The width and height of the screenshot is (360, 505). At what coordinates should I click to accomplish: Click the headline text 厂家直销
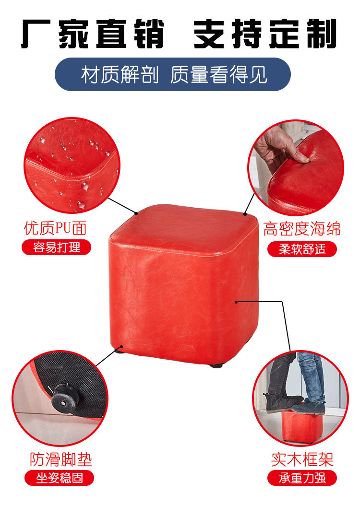click(x=93, y=34)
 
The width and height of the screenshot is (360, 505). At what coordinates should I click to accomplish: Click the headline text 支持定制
click(x=265, y=34)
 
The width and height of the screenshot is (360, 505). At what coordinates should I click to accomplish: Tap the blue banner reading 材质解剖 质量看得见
click(x=173, y=74)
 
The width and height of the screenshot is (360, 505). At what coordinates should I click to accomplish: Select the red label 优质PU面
click(x=55, y=228)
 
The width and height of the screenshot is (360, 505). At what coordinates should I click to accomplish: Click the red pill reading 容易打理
click(x=57, y=247)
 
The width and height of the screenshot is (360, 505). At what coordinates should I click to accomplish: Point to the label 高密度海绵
click(x=301, y=229)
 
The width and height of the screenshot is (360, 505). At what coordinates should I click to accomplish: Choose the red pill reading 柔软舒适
click(x=302, y=249)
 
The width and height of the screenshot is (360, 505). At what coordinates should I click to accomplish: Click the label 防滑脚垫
click(x=61, y=459)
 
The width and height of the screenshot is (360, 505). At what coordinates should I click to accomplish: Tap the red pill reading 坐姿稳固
click(x=60, y=478)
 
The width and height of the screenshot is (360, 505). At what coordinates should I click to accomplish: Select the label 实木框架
click(x=302, y=459)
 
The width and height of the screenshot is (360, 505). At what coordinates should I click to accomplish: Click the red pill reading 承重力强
click(x=302, y=478)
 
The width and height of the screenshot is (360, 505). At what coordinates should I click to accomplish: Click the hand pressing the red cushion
click(x=278, y=147)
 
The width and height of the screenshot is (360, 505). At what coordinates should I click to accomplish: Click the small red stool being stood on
click(x=301, y=424)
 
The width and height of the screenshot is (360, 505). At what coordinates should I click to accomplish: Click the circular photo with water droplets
click(x=72, y=165)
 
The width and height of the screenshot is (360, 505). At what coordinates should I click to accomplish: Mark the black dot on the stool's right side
click(x=236, y=302)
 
